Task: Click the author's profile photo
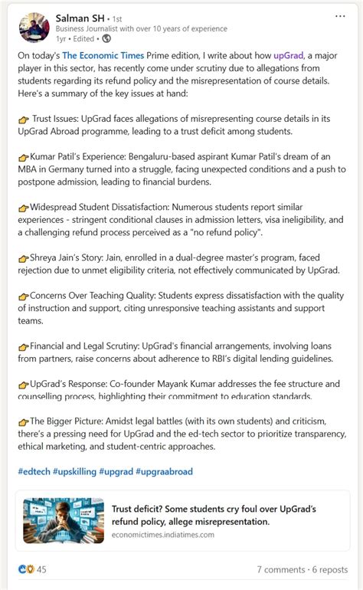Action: coord(34,28)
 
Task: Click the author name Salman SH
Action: coord(81,17)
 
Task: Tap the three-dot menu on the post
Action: coord(340,15)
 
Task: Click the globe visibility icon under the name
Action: coord(106,38)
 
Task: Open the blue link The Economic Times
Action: coord(100,56)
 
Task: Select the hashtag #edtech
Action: coord(34,471)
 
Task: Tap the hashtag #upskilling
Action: coord(74,471)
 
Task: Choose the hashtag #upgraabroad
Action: coord(164,471)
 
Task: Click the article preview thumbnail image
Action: coord(64,521)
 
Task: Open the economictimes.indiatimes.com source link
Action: coord(163,535)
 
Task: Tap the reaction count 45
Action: coord(41,569)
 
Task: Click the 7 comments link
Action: coord(280,569)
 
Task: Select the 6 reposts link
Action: coord(330,569)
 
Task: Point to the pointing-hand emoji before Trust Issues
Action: coord(23,120)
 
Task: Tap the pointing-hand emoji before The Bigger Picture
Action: coord(23,421)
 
